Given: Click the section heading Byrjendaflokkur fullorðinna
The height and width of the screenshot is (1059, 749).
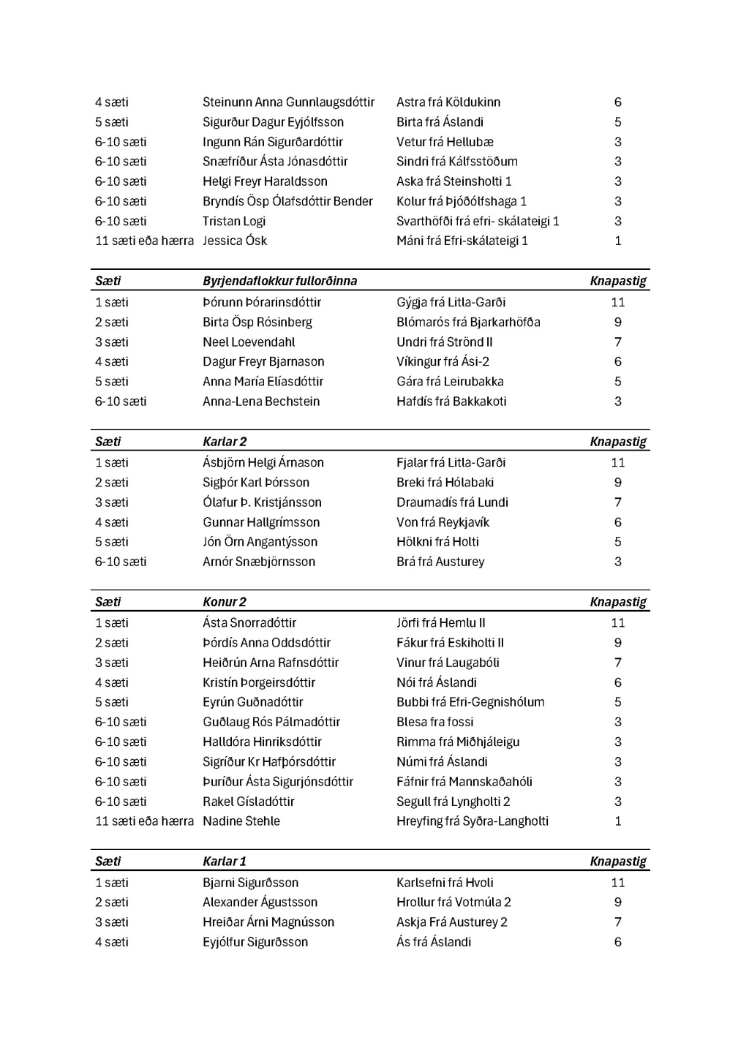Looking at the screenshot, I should point(279,281).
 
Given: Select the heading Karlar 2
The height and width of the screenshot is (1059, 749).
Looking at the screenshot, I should point(225,442).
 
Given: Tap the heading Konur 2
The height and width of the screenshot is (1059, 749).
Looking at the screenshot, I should point(225,602).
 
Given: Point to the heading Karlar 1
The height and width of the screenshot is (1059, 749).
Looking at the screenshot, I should point(225,862).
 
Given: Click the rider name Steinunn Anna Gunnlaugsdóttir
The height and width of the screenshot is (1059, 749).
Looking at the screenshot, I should point(288,102).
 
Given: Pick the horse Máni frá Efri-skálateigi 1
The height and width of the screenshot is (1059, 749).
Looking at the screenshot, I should point(462,241).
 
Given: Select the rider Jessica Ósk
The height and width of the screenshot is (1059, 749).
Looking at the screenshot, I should point(235,241).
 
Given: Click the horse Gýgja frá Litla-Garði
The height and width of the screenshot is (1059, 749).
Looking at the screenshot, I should point(451,302).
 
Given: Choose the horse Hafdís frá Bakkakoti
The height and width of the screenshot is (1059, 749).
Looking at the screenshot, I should point(451,402).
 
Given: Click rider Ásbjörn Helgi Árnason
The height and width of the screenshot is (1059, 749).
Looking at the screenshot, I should point(263,463).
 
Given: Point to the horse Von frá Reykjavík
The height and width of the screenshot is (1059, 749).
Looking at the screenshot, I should point(443,522).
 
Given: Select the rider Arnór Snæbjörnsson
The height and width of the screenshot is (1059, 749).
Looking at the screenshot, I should point(259,562).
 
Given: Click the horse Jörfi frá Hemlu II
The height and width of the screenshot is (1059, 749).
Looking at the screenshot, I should point(440,623).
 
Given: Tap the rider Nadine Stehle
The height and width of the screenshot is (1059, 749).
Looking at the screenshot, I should point(241,821).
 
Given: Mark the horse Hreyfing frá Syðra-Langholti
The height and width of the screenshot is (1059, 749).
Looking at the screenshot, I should point(473,821).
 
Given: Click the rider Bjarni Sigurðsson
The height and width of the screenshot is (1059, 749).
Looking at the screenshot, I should point(250,883).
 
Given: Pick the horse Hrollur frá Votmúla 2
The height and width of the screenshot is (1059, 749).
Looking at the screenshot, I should point(453,902).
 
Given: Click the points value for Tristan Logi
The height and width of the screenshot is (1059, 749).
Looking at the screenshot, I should point(618,221).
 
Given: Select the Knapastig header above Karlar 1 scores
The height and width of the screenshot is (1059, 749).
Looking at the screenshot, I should point(618,862).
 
